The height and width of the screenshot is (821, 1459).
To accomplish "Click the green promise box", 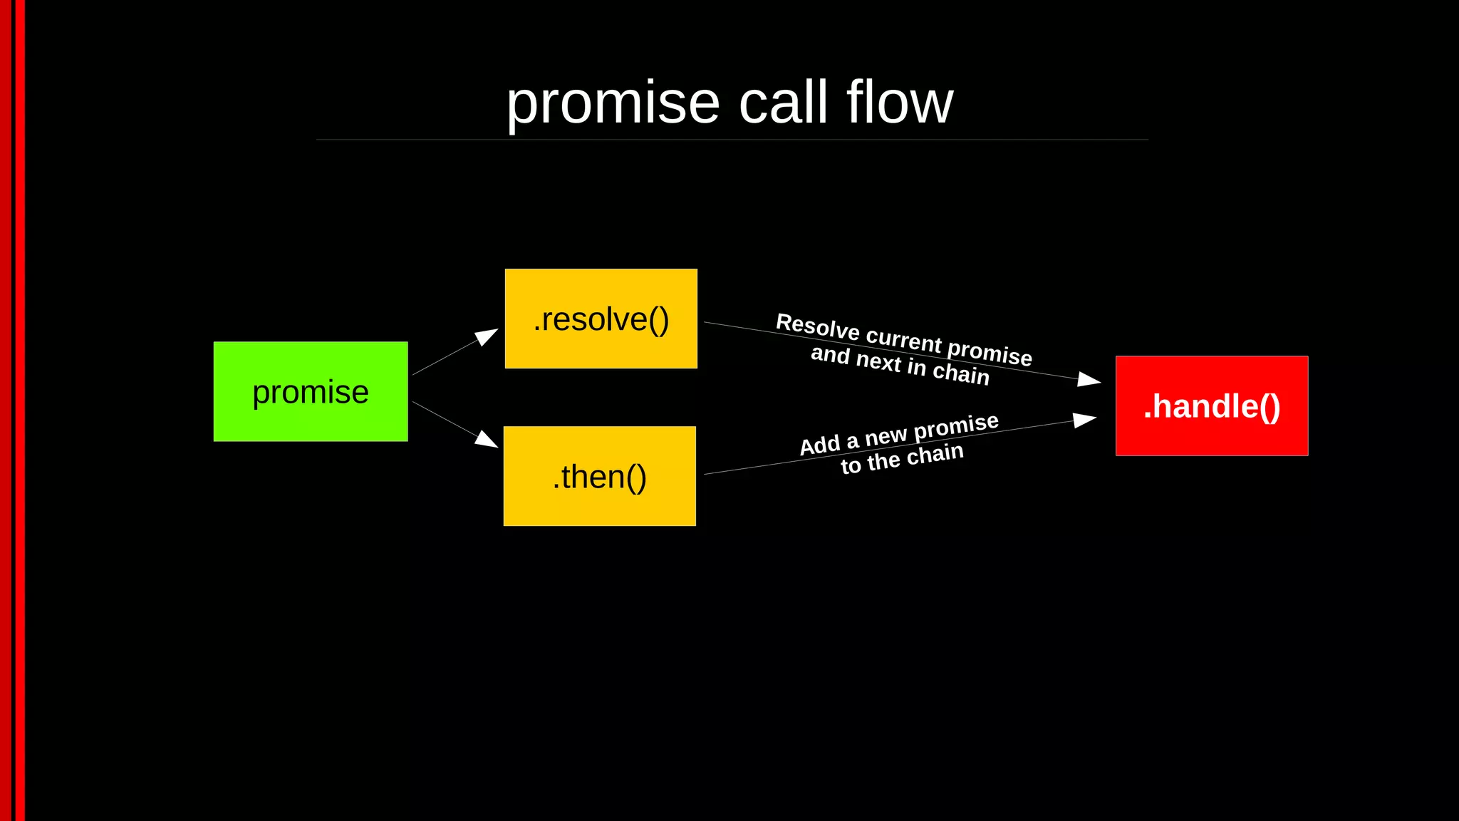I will [x=311, y=391].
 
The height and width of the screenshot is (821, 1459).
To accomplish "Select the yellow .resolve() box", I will [x=601, y=319].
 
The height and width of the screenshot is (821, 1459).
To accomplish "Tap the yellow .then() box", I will [x=599, y=476].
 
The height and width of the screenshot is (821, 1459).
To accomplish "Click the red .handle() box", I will [x=1211, y=406].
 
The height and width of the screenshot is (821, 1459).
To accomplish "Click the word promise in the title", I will [x=613, y=104].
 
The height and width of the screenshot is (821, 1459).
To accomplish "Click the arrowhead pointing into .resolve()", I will [x=487, y=336].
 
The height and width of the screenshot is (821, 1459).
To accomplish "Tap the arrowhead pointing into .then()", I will [x=487, y=439].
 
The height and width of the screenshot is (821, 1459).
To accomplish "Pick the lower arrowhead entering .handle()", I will [x=1084, y=420].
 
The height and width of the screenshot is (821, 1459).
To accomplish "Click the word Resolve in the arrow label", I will [x=817, y=326].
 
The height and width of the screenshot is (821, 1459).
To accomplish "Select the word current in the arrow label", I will [x=903, y=339].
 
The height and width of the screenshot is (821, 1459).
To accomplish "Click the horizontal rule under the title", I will [x=732, y=140].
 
